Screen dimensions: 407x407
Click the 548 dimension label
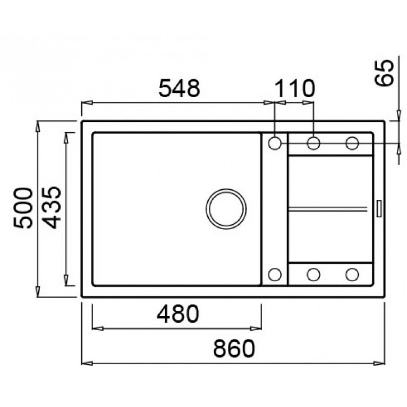coord(179,88)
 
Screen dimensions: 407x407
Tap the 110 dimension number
coord(294,88)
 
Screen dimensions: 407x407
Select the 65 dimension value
coord(384,72)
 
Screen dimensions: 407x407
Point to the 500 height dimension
coord(23,208)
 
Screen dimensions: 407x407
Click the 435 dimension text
coord(51,208)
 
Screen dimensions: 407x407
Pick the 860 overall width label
coord(234,348)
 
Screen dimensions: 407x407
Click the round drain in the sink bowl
coord(226,209)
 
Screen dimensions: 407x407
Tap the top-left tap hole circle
coord(275,143)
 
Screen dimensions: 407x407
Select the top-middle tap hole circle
coord(313,143)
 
